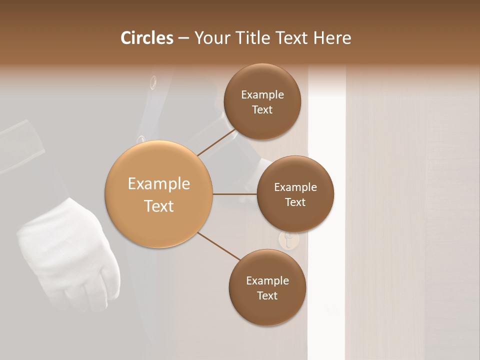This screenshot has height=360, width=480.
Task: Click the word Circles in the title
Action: coord(146,38)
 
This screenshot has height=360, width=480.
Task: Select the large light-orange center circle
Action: coord(159,194)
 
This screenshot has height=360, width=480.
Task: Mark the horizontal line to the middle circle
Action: coord(234,194)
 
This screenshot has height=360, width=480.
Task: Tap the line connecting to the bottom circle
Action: coord(219,246)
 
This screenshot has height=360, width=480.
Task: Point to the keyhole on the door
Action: coord(288,241)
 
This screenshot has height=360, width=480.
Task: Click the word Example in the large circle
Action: coord(159,184)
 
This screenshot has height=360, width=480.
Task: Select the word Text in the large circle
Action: coord(159,206)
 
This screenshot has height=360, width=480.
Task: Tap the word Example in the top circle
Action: coord(262,95)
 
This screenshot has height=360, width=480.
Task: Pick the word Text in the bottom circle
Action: coord(267,295)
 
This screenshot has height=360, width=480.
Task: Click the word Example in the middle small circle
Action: coord(295,187)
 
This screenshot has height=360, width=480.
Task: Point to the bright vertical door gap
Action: coord(326,200)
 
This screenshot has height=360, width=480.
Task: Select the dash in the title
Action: coord(183,38)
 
